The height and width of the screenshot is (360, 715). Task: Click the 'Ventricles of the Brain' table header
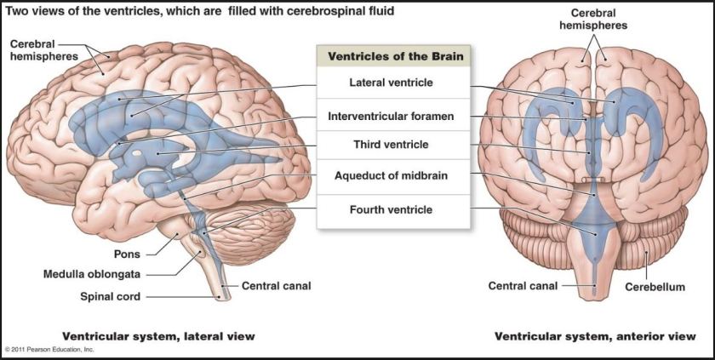tap(392, 57)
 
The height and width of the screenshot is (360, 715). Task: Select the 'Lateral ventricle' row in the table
tap(392, 83)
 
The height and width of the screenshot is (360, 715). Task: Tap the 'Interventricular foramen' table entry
tap(392, 115)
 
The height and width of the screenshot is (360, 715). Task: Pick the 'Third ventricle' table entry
tap(392, 145)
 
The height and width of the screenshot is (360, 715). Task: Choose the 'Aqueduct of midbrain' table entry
tap(392, 176)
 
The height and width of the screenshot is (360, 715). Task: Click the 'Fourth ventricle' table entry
tap(392, 209)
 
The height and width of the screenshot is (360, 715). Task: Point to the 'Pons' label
tap(128, 254)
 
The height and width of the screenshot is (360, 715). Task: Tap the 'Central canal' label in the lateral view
tap(277, 286)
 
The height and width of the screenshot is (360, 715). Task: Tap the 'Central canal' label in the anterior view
tap(523, 286)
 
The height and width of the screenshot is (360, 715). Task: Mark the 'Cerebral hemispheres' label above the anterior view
tap(593, 20)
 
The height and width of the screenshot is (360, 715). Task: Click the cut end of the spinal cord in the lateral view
tap(223, 296)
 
